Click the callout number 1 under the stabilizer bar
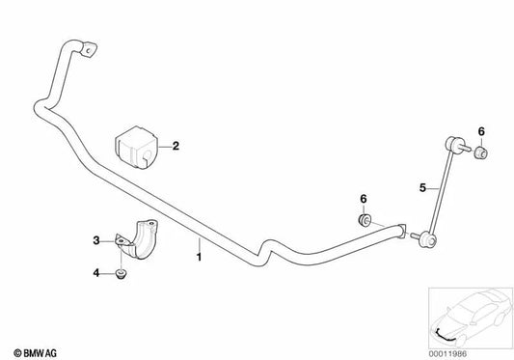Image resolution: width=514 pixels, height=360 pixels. pos(199,257)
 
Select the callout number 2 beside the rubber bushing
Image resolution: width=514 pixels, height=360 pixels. pos(176,146)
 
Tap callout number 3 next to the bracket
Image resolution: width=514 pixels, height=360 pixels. pos(96,240)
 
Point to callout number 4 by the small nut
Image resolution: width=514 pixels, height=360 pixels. pos(96,272)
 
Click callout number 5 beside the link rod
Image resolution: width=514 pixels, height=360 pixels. pos(423,188)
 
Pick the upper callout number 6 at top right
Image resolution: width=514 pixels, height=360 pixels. pos(481,131)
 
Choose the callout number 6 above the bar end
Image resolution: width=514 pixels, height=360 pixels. pos(364,199)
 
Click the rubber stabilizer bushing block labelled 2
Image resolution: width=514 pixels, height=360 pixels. pos(136,147)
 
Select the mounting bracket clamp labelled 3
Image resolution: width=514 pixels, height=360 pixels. pos(137,238)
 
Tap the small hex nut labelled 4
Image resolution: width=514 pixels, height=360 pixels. pos(122,275)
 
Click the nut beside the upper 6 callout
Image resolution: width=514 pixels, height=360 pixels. pos(481,152)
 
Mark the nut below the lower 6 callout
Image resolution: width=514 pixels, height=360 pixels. pos(364,219)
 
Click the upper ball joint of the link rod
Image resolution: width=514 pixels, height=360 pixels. pos(452,144)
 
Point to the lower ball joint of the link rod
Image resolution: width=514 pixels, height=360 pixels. pos(427,239)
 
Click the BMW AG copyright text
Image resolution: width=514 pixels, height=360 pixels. pos(35,353)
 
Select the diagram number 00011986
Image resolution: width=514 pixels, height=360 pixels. pos(447,354)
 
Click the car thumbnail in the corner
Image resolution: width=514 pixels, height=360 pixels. pos(471,318)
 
